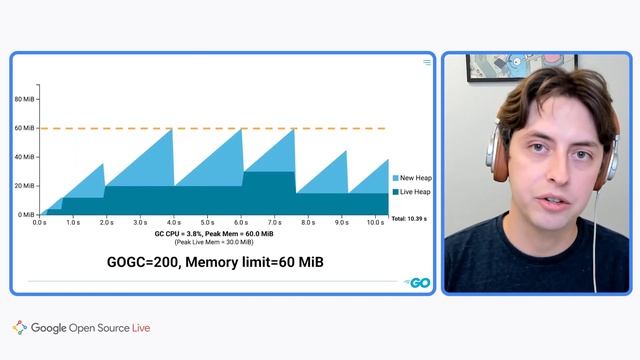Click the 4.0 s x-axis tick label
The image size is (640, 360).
[174, 222]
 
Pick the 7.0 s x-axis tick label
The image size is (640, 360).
[275, 222]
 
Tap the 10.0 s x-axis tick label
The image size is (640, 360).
[375, 222]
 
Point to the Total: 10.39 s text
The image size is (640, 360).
[410, 218]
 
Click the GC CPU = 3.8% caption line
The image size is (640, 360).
[214, 233]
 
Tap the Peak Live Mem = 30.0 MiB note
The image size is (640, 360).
[214, 242]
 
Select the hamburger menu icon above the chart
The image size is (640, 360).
[427, 62]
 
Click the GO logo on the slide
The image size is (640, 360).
[418, 283]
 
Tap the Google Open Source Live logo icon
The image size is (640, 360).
[20, 327]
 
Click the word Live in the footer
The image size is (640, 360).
[141, 327]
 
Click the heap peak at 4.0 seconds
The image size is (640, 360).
[173, 129]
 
